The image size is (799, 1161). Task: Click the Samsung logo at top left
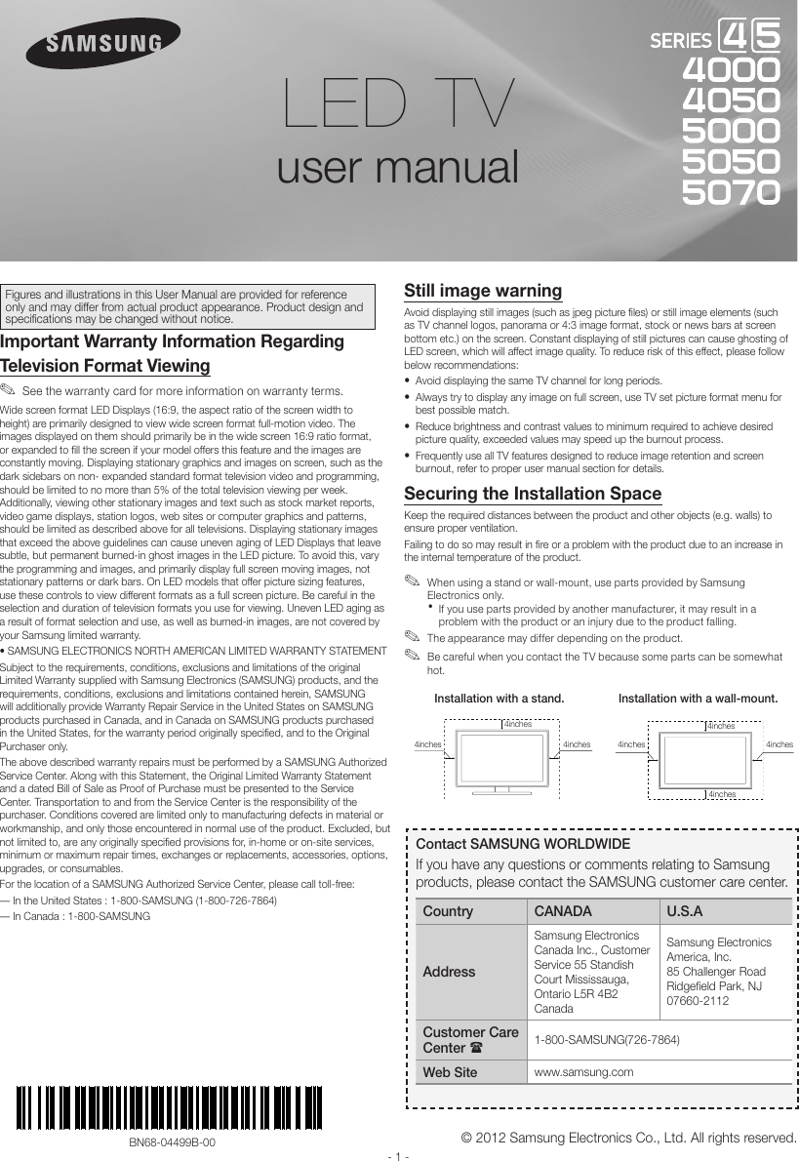point(102,44)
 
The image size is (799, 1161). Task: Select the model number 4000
point(731,70)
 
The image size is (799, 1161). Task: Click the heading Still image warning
point(483,291)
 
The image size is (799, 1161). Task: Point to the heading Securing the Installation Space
point(533,494)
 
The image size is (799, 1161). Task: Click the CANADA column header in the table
point(562,911)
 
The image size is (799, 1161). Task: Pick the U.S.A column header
point(685,911)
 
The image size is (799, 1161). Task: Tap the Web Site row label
point(450,1072)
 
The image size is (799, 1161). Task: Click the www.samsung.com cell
point(582,1072)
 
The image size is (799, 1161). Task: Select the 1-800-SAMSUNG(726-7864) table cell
point(606,1039)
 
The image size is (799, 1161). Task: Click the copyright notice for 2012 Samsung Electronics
point(630,1138)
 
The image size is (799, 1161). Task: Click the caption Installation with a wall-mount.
point(699,699)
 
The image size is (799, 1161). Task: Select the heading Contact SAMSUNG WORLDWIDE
point(523,844)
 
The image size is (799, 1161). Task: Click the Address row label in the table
point(450,972)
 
